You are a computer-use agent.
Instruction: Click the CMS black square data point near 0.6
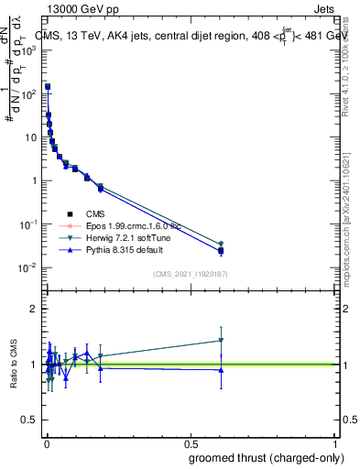click(x=221, y=250)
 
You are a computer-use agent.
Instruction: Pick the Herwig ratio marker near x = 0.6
click(x=221, y=340)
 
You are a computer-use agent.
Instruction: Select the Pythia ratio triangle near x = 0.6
click(x=221, y=370)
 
